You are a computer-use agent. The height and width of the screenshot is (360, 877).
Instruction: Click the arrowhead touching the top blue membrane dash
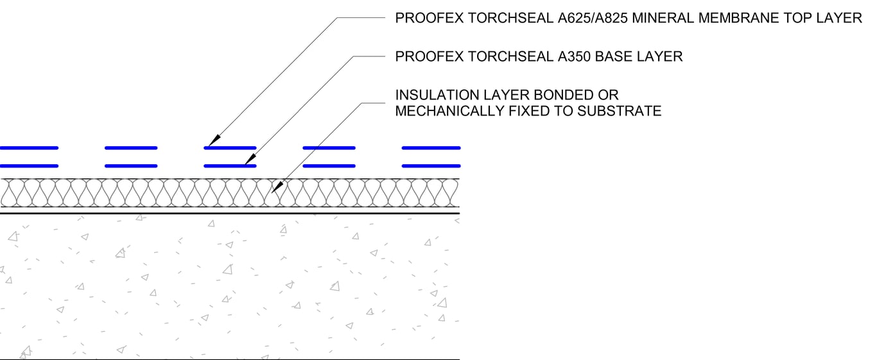[x=214, y=141]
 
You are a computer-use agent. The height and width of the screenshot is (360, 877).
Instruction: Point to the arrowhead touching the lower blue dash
[x=251, y=159]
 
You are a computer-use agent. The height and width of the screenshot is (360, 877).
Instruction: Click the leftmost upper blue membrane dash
[x=29, y=148]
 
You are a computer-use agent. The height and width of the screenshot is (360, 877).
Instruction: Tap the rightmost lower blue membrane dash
[x=431, y=166]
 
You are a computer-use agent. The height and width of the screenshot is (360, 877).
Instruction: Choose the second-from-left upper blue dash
[x=131, y=148]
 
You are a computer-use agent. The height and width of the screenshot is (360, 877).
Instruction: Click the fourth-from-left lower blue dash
[x=329, y=166]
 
